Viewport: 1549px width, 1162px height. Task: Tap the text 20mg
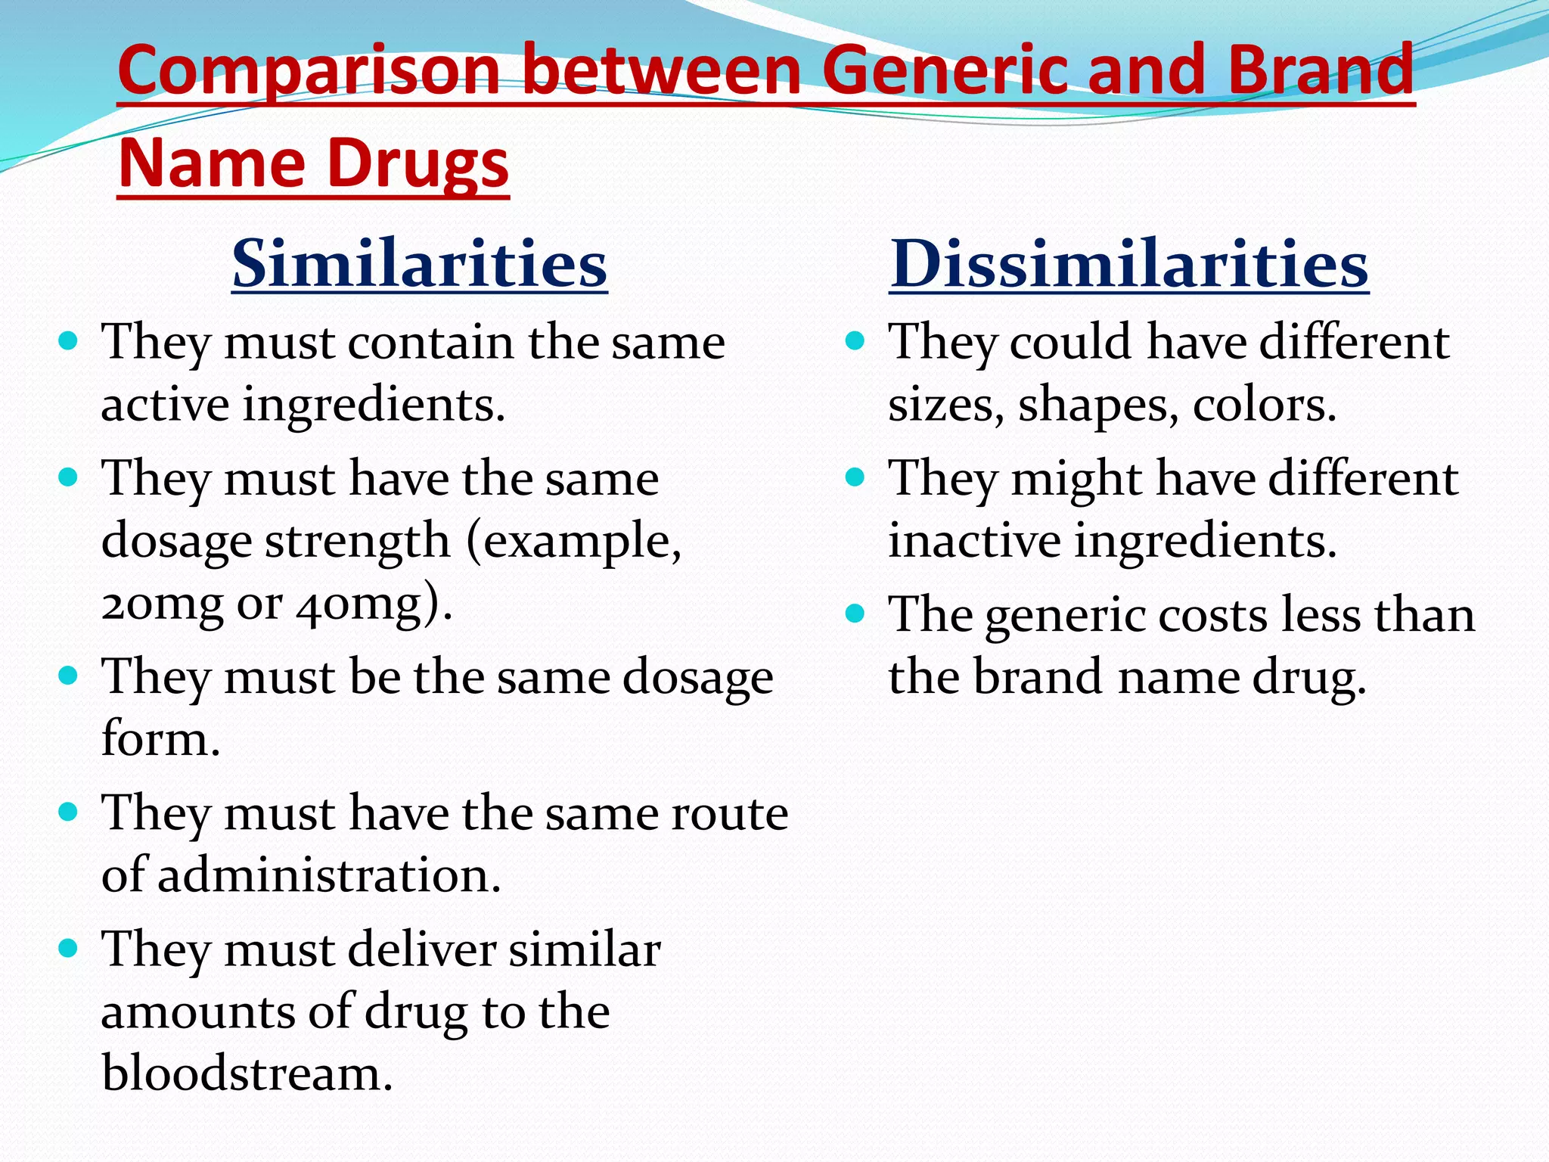pyautogui.click(x=162, y=604)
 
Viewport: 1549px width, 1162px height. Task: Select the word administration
pyautogui.click(x=329, y=875)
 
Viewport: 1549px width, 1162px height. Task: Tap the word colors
pyautogui.click(x=1264, y=405)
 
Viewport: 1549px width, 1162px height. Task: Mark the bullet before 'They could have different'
pyautogui.click(x=855, y=342)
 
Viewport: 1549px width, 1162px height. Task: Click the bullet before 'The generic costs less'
pyautogui.click(x=855, y=614)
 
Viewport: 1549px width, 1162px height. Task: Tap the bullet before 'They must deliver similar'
pyautogui.click(x=68, y=949)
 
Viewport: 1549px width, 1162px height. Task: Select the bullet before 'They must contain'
pyautogui.click(x=68, y=342)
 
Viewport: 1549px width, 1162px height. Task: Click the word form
pyautogui.click(x=160, y=738)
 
